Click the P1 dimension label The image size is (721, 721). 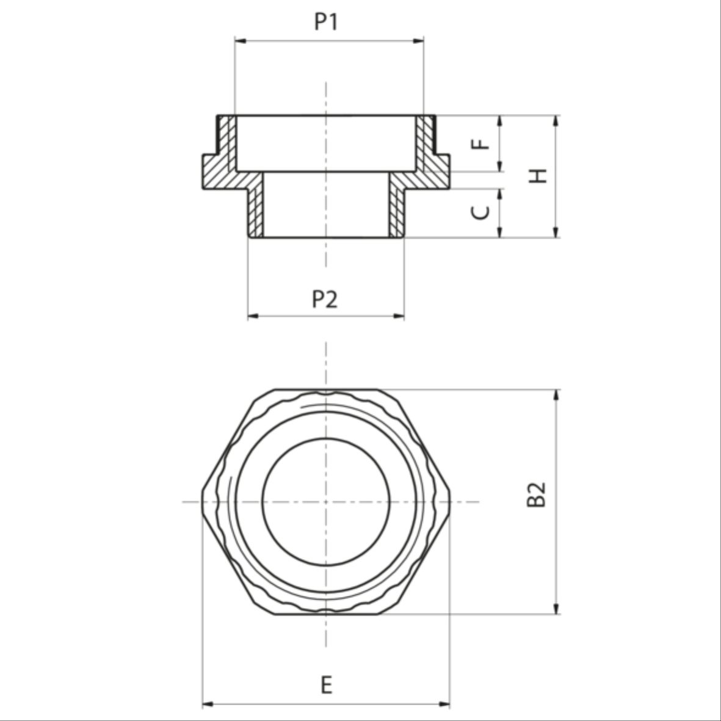click(326, 21)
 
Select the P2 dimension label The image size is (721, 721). click(325, 299)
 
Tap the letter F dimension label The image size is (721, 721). click(481, 143)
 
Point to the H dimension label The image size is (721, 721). click(537, 176)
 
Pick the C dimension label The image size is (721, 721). click(481, 212)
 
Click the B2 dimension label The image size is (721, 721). click(536, 495)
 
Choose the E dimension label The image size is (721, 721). click(326, 685)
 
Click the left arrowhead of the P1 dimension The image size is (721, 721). click(240, 41)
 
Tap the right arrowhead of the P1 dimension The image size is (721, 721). click(418, 41)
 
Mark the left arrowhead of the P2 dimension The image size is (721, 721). click(253, 316)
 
